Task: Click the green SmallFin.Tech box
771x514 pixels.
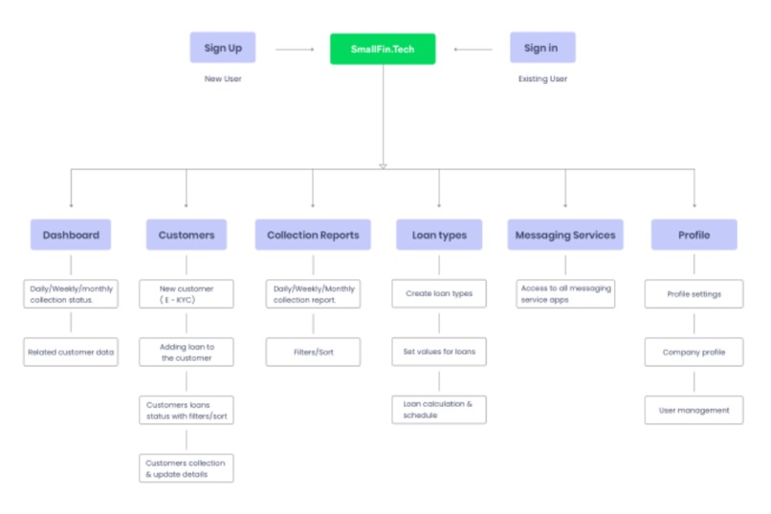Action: (x=383, y=49)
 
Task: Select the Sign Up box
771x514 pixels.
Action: (x=222, y=48)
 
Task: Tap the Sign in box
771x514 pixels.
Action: (x=541, y=48)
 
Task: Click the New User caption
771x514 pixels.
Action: (x=222, y=79)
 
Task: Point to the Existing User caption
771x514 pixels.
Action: (x=542, y=79)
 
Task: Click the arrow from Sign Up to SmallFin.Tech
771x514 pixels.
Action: (x=294, y=49)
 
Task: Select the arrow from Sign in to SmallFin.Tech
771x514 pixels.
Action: (x=473, y=49)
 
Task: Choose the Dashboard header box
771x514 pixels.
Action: (x=71, y=235)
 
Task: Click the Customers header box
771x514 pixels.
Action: (x=187, y=235)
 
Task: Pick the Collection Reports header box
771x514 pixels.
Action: (x=313, y=235)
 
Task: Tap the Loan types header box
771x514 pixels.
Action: (x=438, y=235)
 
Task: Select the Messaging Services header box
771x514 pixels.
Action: (x=565, y=235)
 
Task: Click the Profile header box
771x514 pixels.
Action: (x=694, y=235)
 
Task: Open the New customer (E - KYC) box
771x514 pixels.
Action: (x=187, y=294)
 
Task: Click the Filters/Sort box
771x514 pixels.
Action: (x=313, y=352)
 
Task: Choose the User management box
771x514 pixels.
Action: (x=694, y=410)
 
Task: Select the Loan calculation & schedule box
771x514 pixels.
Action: (x=438, y=410)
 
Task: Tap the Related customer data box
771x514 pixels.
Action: (x=71, y=352)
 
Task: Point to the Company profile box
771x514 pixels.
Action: (x=694, y=352)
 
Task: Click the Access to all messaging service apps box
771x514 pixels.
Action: (x=565, y=294)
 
